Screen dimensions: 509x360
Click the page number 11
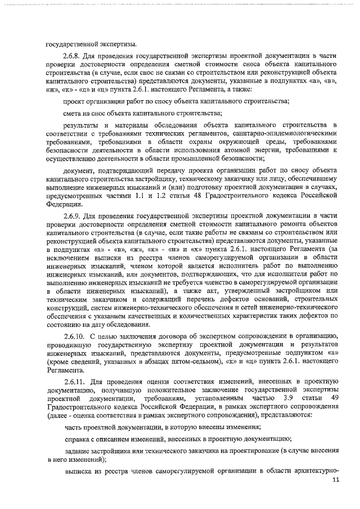click(336, 480)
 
